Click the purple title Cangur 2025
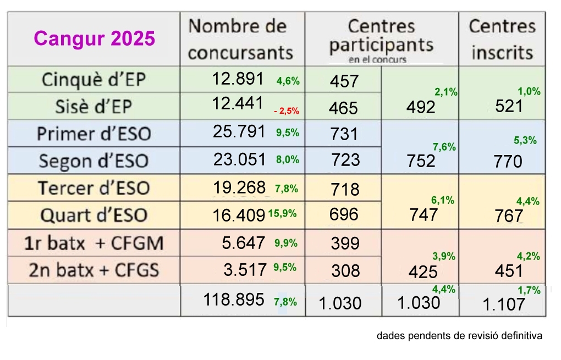click(x=95, y=39)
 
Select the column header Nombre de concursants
click(x=241, y=40)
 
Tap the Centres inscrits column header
click(x=502, y=39)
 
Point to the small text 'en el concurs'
click(x=377, y=59)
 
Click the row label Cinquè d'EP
click(x=94, y=80)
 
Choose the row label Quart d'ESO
click(x=94, y=214)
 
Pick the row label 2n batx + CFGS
click(x=94, y=270)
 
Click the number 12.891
click(x=238, y=79)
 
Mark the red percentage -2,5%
click(x=287, y=111)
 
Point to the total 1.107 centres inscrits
click(x=503, y=304)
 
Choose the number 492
click(x=421, y=108)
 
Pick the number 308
click(x=345, y=270)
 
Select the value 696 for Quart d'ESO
click(x=344, y=214)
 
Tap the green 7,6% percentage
click(x=444, y=147)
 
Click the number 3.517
click(x=245, y=269)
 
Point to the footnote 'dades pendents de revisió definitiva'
click(x=459, y=335)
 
